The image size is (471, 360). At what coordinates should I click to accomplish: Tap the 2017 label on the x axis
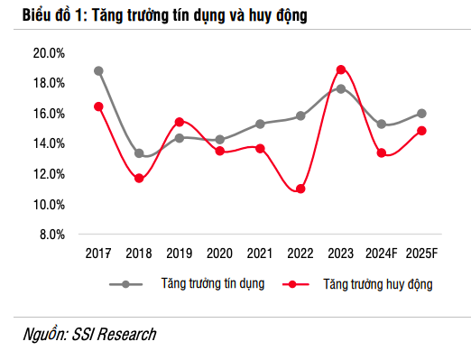[x=98, y=254]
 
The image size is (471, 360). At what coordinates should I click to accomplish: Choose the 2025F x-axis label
[x=421, y=254]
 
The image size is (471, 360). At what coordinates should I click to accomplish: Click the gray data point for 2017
[x=98, y=70]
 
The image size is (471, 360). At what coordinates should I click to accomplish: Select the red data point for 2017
[x=98, y=106]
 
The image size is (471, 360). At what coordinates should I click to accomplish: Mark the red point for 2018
[x=139, y=179]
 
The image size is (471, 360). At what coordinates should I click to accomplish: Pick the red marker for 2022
[x=300, y=189]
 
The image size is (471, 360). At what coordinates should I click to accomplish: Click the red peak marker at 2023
[x=341, y=69]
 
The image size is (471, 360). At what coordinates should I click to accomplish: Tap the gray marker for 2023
[x=341, y=88]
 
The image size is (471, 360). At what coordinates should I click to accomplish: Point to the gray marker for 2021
[x=260, y=124]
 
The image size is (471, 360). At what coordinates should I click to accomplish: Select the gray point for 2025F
[x=421, y=114]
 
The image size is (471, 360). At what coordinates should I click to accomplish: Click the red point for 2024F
[x=381, y=153]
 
